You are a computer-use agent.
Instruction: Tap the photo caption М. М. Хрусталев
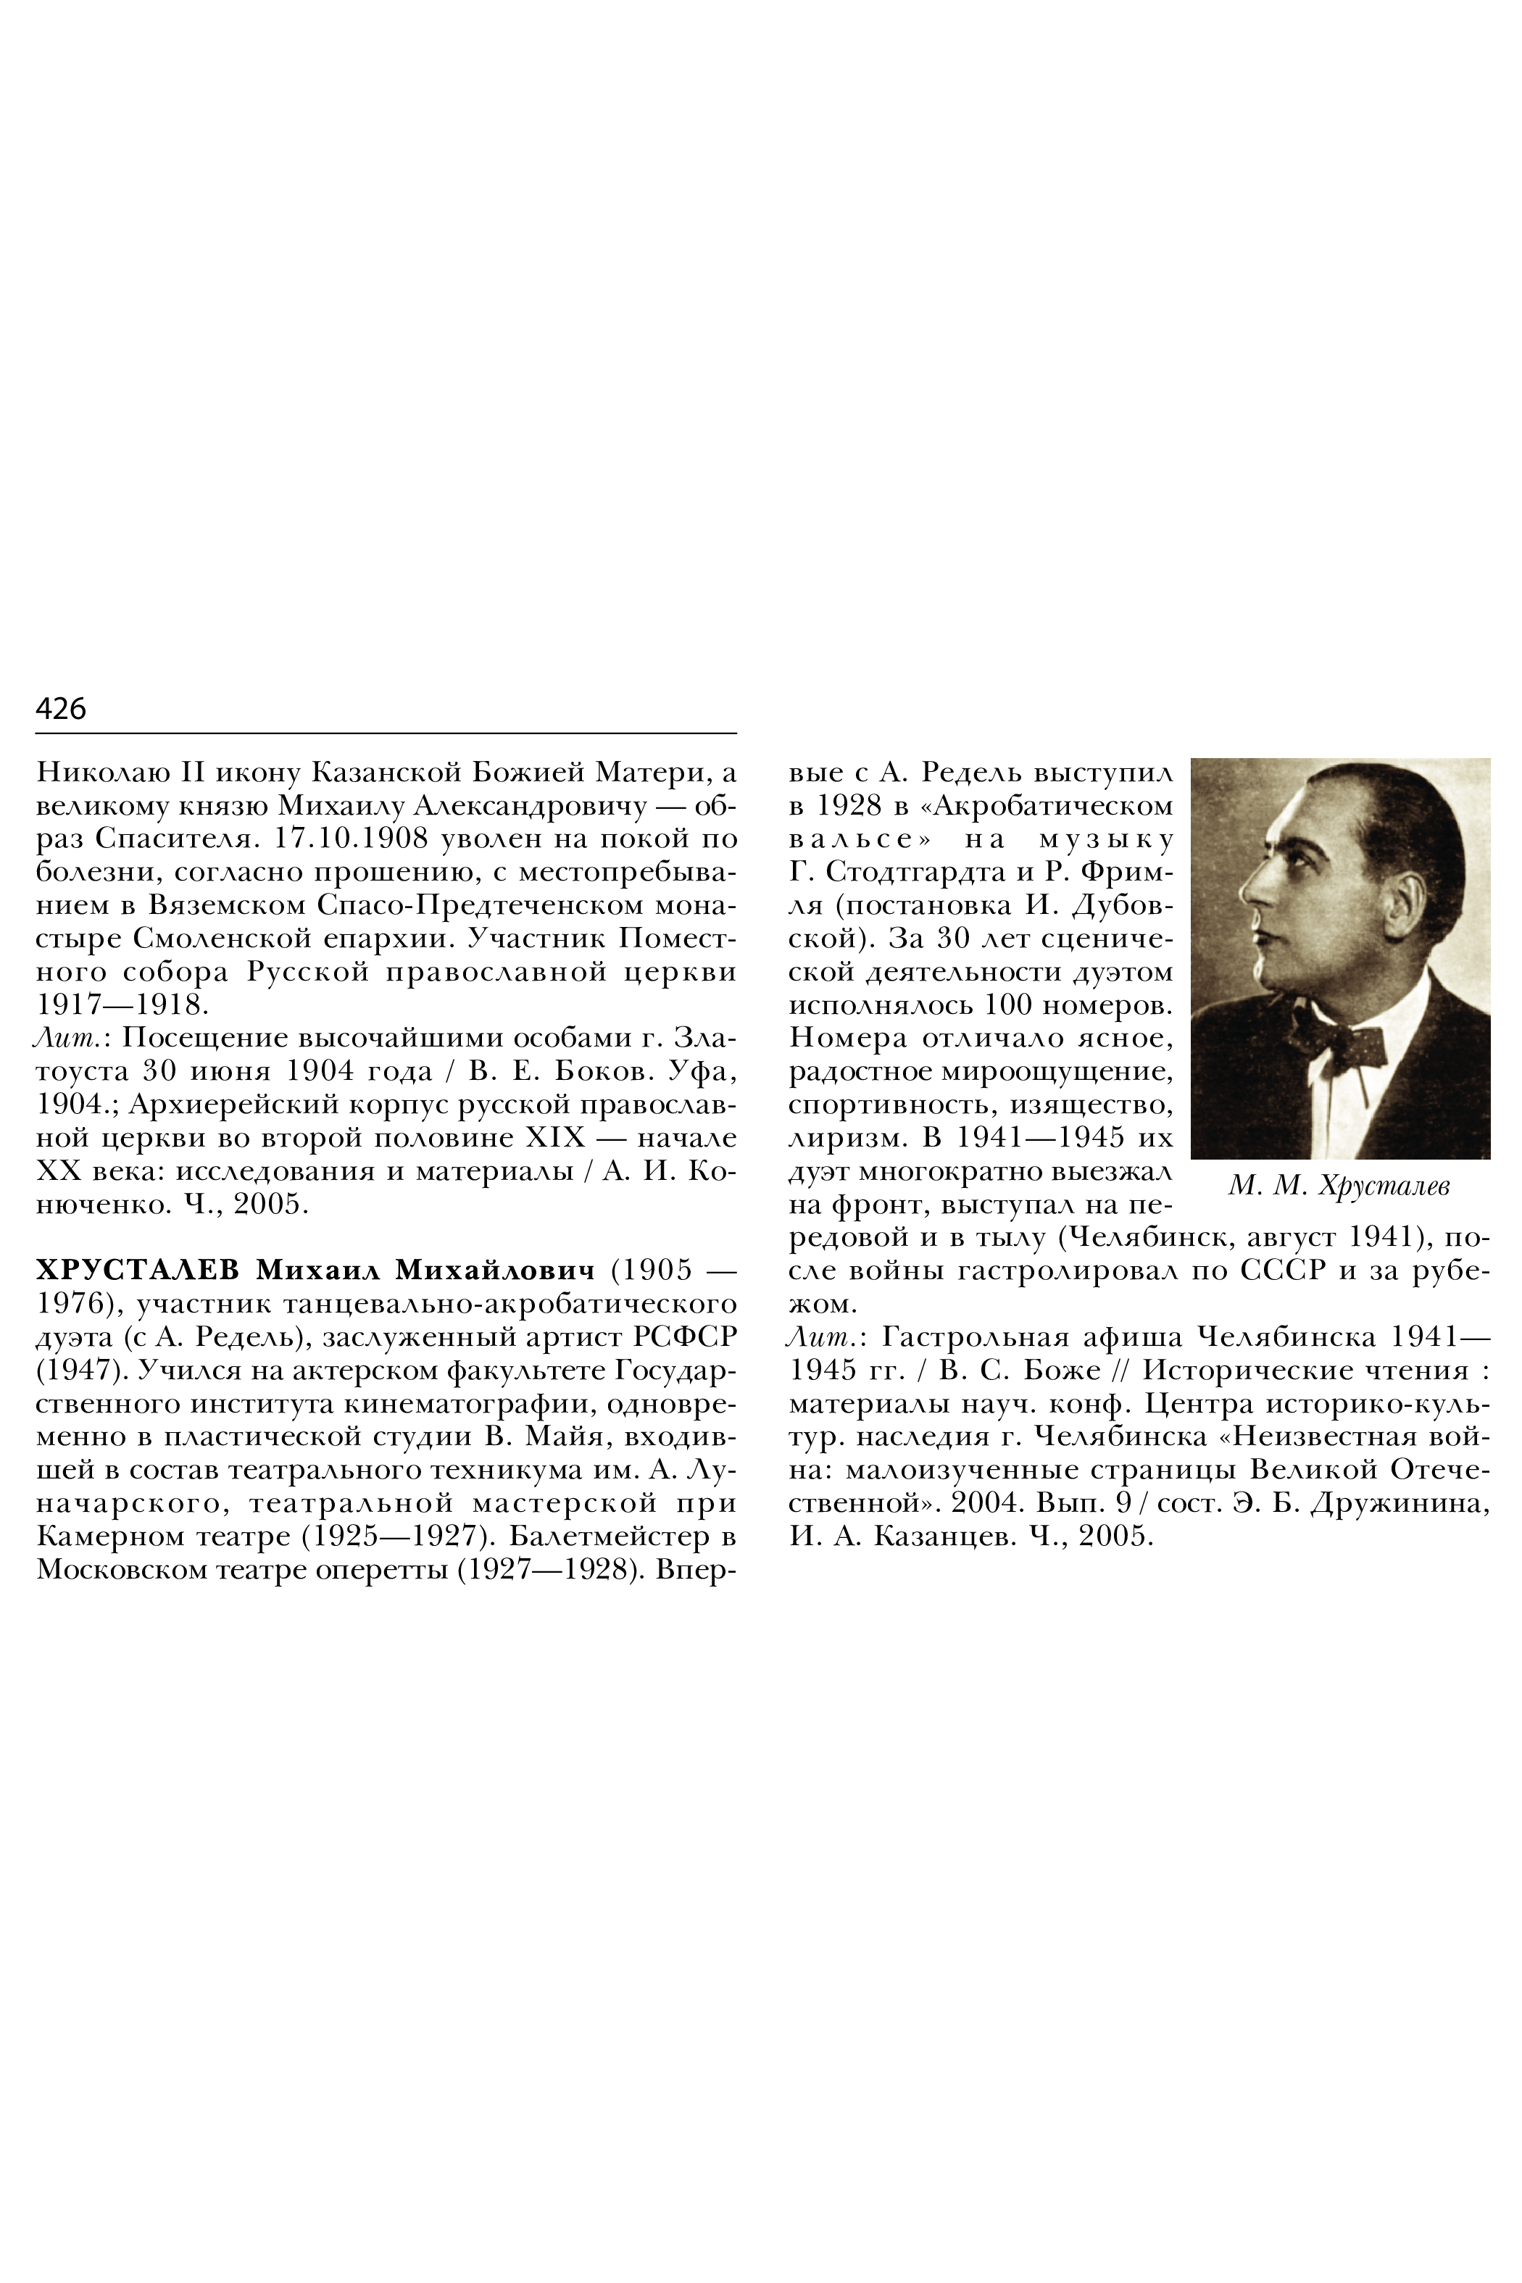pos(1339,1186)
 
